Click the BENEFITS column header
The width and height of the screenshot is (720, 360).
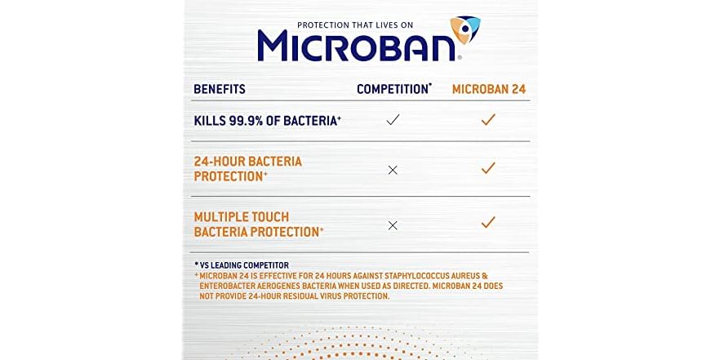[x=220, y=89]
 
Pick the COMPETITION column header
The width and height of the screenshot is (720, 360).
[x=393, y=88]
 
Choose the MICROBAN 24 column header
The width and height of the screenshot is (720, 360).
[x=489, y=88]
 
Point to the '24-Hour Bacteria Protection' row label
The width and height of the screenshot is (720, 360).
[x=247, y=168]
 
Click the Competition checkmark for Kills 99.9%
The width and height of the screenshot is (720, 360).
[x=393, y=120]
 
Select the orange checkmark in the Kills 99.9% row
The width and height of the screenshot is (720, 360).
[x=488, y=120]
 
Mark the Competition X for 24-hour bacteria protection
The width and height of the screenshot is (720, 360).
[x=393, y=170]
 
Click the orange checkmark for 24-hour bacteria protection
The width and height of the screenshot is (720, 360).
[x=488, y=168]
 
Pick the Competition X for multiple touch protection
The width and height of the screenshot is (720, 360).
[x=393, y=225]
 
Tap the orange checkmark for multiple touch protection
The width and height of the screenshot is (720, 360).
[x=488, y=222]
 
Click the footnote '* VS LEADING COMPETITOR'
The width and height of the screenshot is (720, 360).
[x=241, y=265]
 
